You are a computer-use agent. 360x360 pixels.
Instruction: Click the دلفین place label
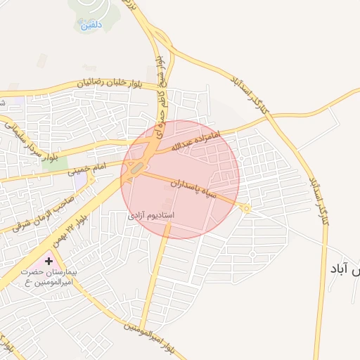click(x=91, y=24)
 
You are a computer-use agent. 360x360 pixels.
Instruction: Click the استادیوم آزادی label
click(x=150, y=214)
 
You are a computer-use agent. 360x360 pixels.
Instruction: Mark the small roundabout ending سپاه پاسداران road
click(x=247, y=208)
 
